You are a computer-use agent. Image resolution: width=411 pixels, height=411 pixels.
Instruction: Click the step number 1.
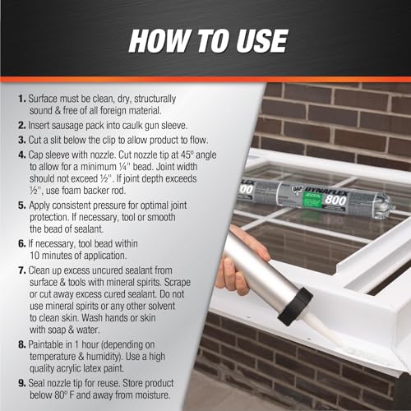pos(22,99)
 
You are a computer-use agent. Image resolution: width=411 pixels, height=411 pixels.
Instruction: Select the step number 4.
pos(22,155)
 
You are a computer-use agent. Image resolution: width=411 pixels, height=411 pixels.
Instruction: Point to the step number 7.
pos(22,270)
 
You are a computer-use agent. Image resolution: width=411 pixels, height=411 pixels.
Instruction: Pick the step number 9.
pos(22,383)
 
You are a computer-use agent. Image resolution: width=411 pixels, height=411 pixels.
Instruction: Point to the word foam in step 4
pos(71,190)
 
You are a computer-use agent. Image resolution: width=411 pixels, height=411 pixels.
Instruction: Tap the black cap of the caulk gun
pos(295,306)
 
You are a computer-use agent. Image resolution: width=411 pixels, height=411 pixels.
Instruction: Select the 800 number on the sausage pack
pos(335,200)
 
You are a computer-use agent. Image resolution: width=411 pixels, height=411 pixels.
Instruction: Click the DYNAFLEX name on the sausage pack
pos(326,191)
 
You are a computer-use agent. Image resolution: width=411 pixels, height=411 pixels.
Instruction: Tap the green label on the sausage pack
pos(313,201)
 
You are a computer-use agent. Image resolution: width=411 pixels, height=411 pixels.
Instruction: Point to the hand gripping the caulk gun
pos(241,263)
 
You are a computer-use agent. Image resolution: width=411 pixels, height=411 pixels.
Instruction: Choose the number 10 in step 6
pos(35,256)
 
